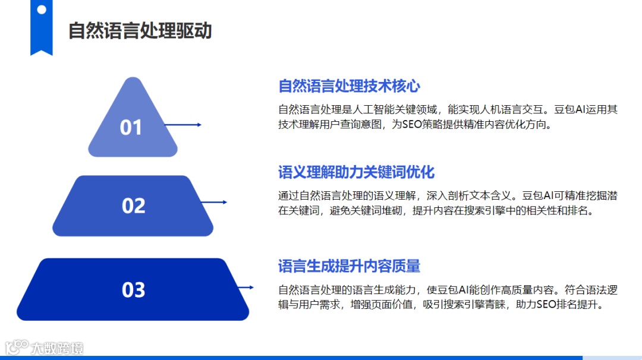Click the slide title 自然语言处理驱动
140,30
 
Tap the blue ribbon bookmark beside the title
41,27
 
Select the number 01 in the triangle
131,127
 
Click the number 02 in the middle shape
133,206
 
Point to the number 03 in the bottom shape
133,290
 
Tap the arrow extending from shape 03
244,288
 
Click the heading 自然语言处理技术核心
350,86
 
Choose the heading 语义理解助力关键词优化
357,172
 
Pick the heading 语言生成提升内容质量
350,266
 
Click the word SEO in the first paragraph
412,125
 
